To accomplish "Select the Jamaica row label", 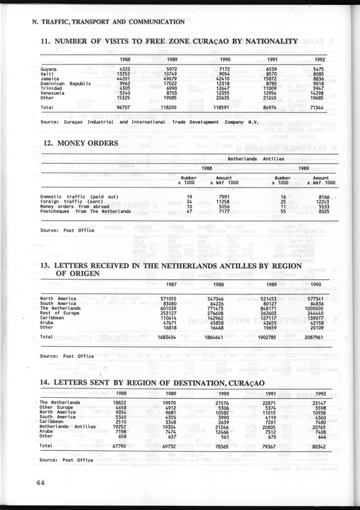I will (51, 78).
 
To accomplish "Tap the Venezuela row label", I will (53, 93).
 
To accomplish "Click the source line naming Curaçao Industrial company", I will (150, 122).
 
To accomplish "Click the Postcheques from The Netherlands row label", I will (86, 212).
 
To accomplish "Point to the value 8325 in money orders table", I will (324, 212).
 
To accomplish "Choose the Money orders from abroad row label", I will (77, 206).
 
